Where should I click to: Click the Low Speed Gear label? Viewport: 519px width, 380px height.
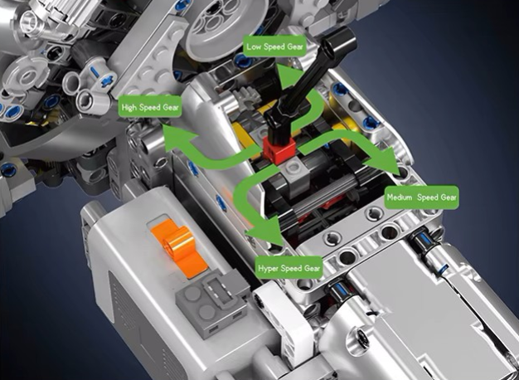point(274,46)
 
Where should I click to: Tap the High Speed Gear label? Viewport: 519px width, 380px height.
point(150,107)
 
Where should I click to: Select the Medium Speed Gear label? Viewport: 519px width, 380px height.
point(421,197)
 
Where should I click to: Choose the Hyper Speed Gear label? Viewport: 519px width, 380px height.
point(289,268)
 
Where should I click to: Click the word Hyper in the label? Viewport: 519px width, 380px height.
point(268,268)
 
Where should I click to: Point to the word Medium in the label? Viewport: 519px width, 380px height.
point(400,197)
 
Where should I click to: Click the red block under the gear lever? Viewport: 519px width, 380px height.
point(279,150)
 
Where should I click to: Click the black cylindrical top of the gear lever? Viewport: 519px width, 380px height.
point(338,42)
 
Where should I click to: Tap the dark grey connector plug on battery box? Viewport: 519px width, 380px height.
point(212,304)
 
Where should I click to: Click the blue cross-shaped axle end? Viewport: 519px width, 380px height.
point(107,80)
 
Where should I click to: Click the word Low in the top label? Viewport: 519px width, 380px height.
point(254,46)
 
